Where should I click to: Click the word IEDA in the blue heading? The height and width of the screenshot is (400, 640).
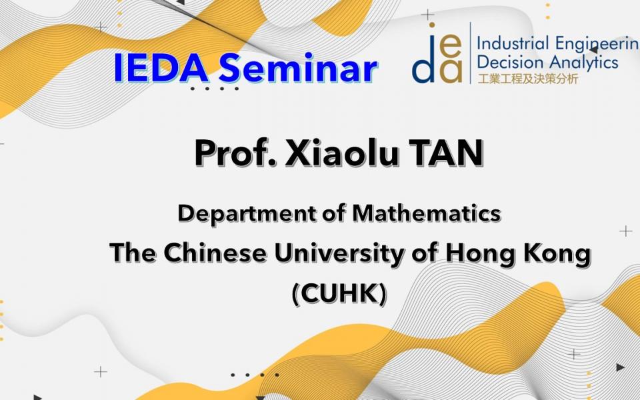(161, 67)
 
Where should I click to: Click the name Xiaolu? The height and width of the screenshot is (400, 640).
(341, 153)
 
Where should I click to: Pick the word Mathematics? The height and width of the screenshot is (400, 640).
(427, 213)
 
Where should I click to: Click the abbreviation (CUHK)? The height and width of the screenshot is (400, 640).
(339, 293)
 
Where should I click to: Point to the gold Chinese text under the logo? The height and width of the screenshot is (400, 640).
(528, 78)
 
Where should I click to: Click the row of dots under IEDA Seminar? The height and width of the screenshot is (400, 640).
(214, 89)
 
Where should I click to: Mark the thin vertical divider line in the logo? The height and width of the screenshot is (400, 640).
(470, 53)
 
